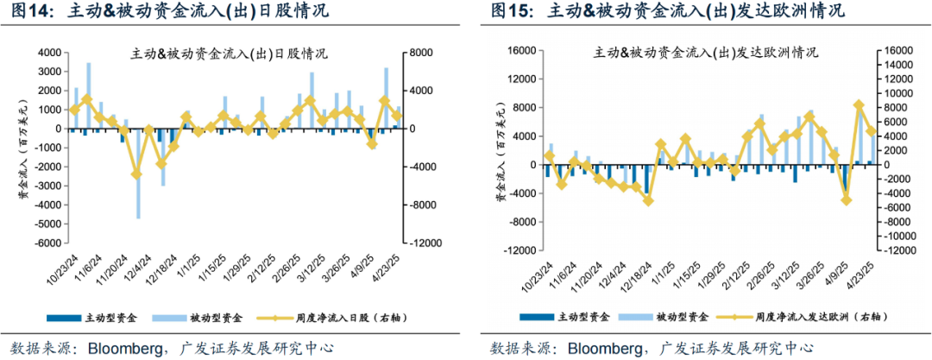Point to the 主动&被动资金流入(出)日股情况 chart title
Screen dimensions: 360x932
tap(230, 54)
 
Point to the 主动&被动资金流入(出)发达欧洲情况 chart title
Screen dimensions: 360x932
tap(706, 53)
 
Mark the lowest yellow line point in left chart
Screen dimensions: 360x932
tap(136, 174)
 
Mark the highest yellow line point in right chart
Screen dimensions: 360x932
tap(859, 105)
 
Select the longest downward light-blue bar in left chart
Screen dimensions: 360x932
tap(138, 173)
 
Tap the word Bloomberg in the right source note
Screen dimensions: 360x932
tap(608, 348)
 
